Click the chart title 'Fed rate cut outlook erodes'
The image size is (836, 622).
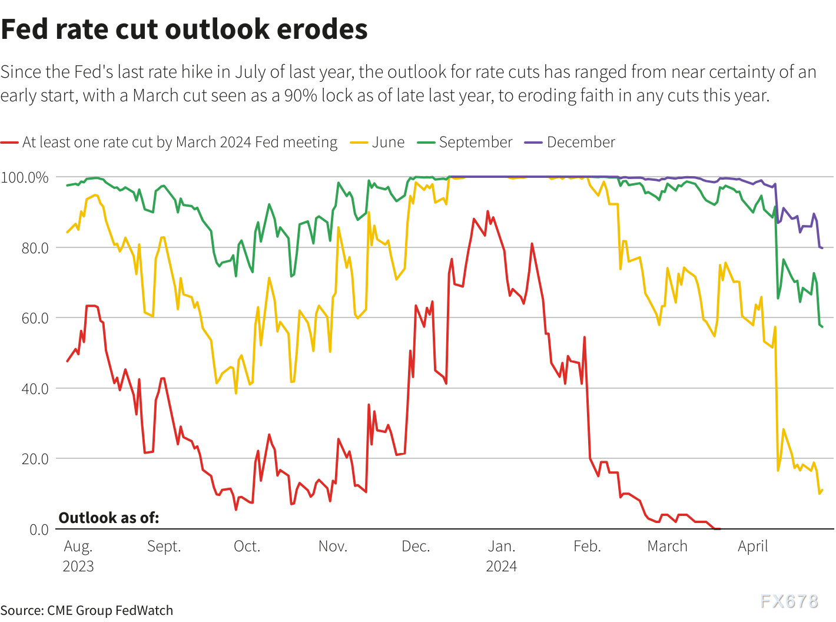tap(184, 29)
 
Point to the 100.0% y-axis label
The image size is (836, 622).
tap(25, 177)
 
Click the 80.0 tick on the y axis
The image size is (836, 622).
tap(35, 248)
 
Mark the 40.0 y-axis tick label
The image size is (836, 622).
tap(35, 389)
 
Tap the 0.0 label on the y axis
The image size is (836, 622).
tap(39, 530)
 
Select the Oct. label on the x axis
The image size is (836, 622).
tap(247, 546)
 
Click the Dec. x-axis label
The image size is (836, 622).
tap(416, 546)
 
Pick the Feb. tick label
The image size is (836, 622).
tap(587, 546)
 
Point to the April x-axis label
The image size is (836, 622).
tap(752, 546)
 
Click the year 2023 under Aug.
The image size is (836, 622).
tap(78, 566)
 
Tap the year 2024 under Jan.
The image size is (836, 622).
tap(501, 566)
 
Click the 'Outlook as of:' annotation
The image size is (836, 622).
tap(109, 518)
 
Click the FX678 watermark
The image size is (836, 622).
tap(789, 601)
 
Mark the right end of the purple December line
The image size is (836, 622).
tap(822, 248)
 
